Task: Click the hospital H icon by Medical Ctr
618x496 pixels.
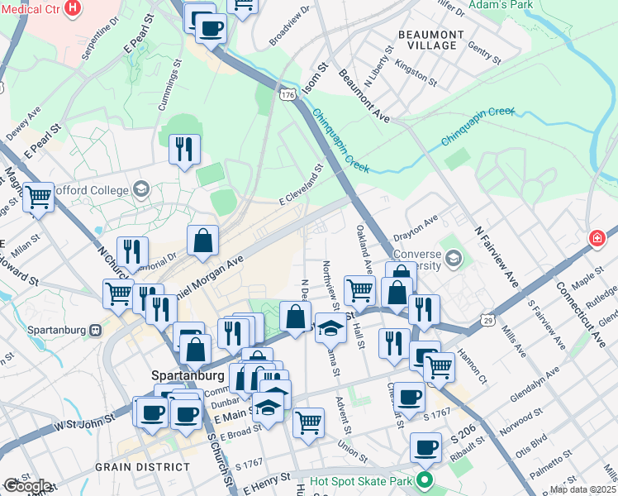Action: [x=74, y=8]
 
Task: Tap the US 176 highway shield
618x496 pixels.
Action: [x=287, y=95]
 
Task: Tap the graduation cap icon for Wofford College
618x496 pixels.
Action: [x=140, y=190]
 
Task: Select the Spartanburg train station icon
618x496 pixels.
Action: [x=96, y=330]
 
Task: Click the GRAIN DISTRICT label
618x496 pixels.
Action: [x=141, y=467]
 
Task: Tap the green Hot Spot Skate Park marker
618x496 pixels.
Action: [x=425, y=479]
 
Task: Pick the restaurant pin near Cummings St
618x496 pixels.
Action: [x=183, y=149]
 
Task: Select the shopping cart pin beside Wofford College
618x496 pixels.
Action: [x=38, y=198]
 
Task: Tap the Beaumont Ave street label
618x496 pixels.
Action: [x=364, y=97]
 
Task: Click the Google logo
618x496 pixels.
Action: [x=26, y=486]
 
